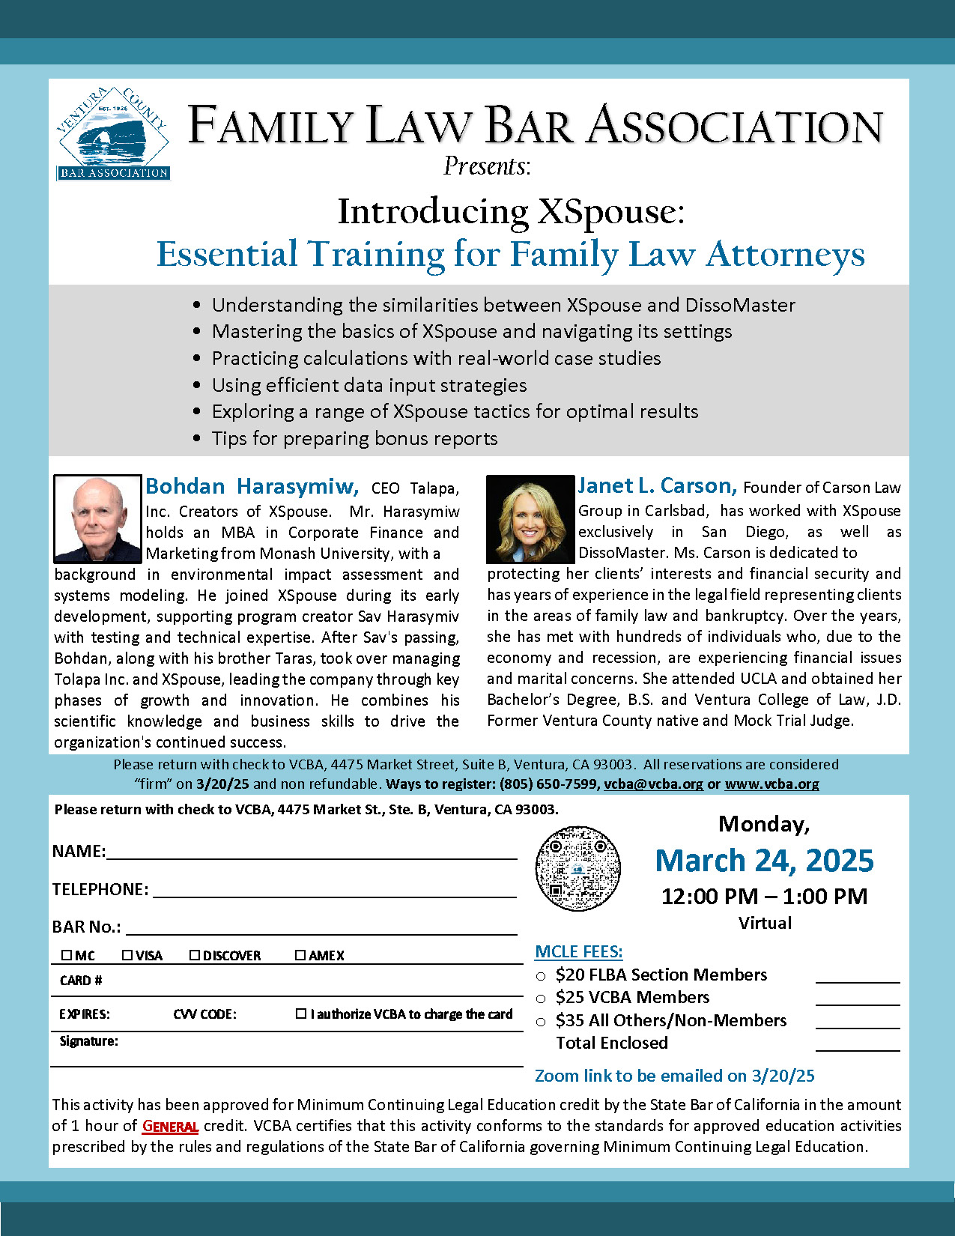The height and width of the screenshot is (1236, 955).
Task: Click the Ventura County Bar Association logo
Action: (x=113, y=134)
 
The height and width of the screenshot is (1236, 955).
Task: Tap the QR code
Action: (x=578, y=868)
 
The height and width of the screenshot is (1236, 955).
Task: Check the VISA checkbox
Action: (x=127, y=955)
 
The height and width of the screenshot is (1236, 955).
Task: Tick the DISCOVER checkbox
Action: (x=195, y=955)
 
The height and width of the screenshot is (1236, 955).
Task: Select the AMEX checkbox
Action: (x=300, y=955)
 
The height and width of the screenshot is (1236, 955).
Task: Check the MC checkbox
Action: (x=67, y=955)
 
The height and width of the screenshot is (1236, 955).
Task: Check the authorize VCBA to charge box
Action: (x=301, y=1014)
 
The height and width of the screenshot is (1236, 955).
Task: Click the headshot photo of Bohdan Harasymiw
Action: (x=97, y=518)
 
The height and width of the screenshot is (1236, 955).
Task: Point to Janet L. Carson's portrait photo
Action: (x=530, y=518)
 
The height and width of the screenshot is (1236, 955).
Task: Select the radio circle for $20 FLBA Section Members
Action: (x=541, y=976)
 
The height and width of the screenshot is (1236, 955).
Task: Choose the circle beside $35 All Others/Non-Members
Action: (x=541, y=1022)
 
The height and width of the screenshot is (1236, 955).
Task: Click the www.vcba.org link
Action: (x=771, y=784)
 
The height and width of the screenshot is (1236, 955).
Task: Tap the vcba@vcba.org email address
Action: (x=653, y=784)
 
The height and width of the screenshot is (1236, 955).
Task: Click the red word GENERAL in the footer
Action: (x=170, y=1127)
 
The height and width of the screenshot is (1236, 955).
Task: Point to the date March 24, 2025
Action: (x=764, y=861)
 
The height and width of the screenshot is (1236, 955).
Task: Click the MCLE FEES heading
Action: (x=578, y=952)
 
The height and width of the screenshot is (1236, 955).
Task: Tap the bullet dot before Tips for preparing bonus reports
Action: (x=197, y=439)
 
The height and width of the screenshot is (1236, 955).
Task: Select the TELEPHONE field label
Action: (x=100, y=889)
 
